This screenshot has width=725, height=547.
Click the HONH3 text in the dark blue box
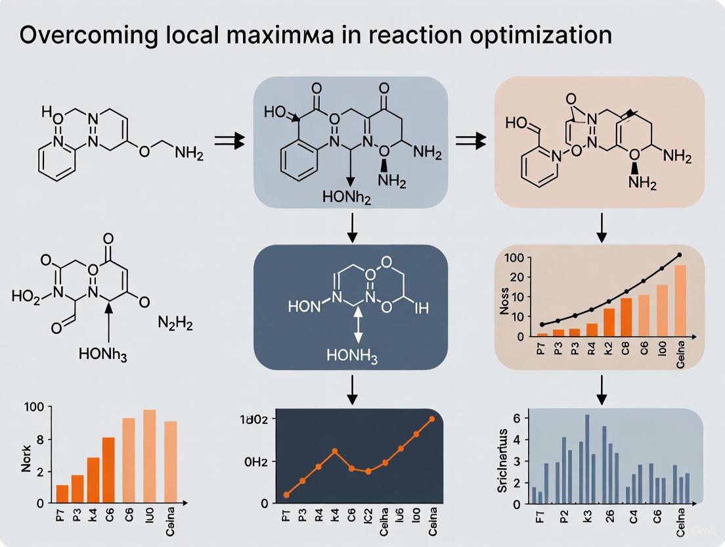tap(351, 355)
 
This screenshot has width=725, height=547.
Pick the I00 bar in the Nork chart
tap(149, 456)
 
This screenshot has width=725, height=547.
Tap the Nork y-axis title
tap(26, 458)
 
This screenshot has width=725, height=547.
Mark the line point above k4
tap(335, 451)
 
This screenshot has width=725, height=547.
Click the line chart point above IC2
tap(368, 471)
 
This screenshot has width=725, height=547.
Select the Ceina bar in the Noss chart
tap(680, 300)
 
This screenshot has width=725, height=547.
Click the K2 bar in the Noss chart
tap(609, 323)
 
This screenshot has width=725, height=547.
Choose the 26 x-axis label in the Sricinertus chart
tap(609, 515)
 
